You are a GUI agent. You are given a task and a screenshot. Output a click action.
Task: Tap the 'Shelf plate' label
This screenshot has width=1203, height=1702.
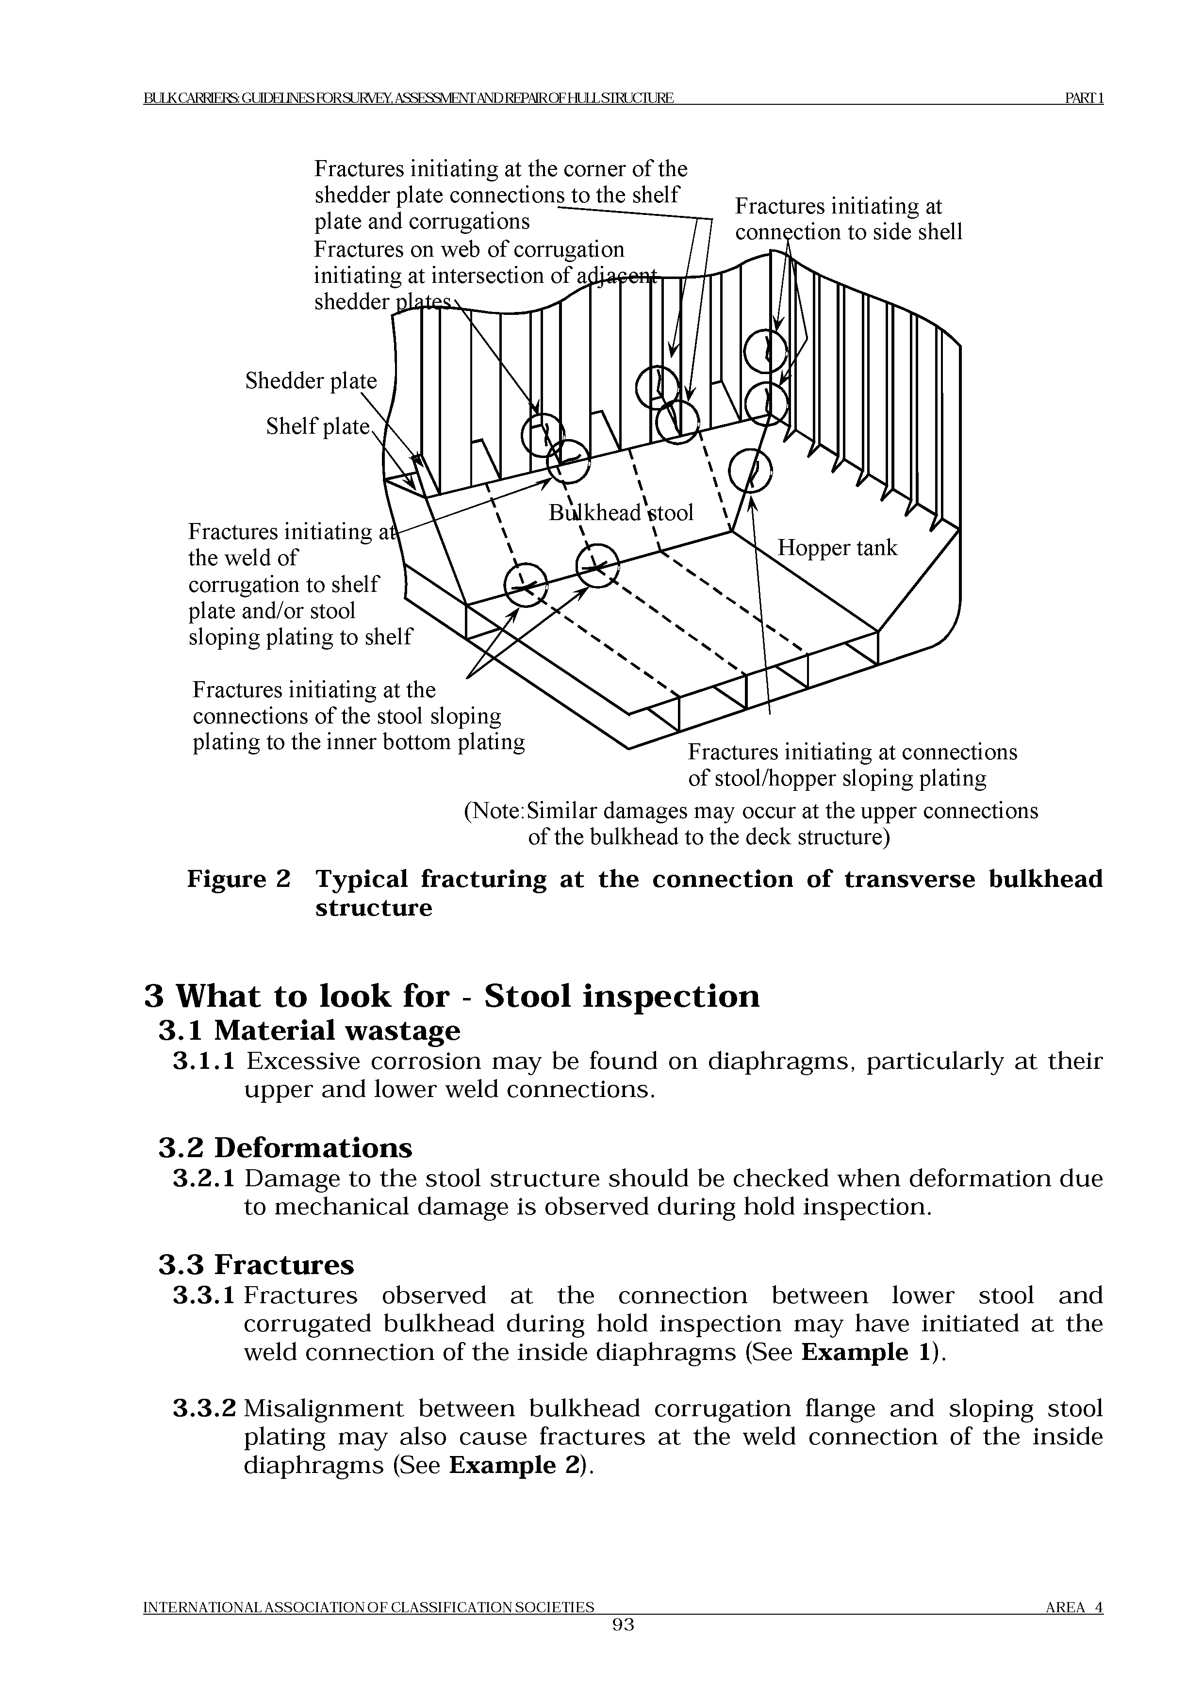click(x=317, y=426)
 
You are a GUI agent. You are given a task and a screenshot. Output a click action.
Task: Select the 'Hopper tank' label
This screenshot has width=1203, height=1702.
click(x=837, y=548)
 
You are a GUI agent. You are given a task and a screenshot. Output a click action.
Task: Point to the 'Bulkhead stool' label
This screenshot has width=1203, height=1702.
click(x=621, y=513)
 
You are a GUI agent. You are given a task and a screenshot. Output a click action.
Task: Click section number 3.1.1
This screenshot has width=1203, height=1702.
click(x=204, y=1062)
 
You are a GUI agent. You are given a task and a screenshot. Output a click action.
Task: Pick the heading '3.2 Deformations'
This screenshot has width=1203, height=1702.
click(x=285, y=1148)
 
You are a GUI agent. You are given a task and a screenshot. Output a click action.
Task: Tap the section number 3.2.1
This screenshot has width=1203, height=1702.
click(x=204, y=1178)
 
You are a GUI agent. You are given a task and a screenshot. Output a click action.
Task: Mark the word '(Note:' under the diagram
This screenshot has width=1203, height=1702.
click(x=494, y=811)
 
